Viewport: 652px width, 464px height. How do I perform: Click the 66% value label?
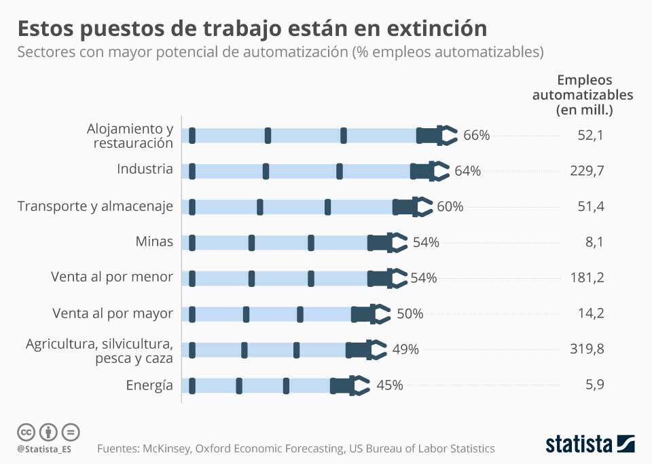click(x=476, y=135)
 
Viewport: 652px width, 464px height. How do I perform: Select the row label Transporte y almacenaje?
click(x=95, y=206)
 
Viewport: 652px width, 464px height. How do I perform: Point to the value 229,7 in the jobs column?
click(x=587, y=171)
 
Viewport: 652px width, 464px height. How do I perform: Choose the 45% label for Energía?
click(x=390, y=385)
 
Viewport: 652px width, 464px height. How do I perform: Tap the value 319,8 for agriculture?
click(x=587, y=349)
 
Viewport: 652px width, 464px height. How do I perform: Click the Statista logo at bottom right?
click(x=590, y=444)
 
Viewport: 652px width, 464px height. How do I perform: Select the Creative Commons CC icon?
click(x=26, y=431)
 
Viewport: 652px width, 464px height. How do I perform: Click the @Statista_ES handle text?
click(x=44, y=449)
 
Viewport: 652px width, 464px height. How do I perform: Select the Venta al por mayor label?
click(x=112, y=313)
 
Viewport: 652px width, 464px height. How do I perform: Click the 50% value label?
click(x=410, y=313)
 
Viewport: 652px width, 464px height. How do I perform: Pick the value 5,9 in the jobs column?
click(x=590, y=385)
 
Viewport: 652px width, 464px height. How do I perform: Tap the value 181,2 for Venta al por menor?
click(x=587, y=277)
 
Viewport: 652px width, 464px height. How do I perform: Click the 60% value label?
click(x=450, y=206)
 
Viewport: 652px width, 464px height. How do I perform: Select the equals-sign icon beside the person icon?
click(x=71, y=431)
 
